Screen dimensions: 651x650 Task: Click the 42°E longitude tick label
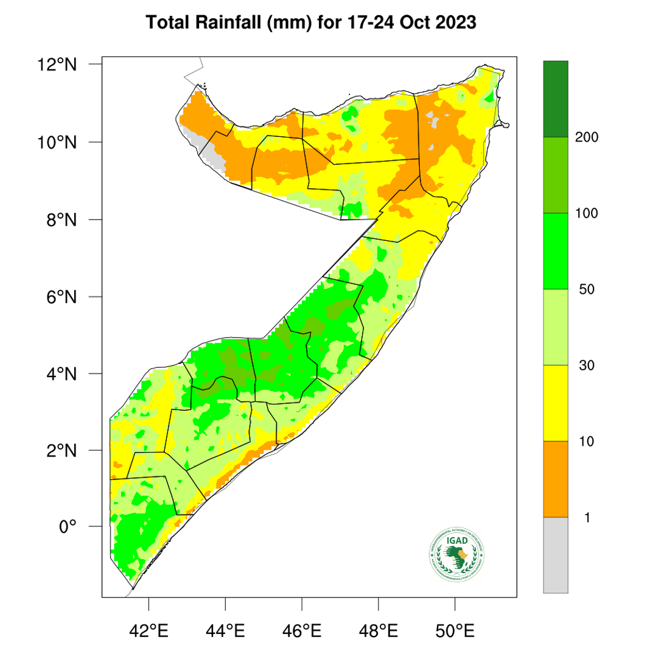coord(149,630)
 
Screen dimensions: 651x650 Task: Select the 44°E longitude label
coord(226,630)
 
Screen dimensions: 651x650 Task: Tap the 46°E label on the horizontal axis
coord(302,630)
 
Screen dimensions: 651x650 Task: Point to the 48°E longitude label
coord(379,630)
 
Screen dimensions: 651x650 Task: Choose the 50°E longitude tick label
coord(455,630)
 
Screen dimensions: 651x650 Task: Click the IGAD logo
coord(457,554)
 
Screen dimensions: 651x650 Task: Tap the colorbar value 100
coord(587,214)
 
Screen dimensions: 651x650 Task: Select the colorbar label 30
coord(587,366)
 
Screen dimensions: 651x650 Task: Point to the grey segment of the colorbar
coord(555,554)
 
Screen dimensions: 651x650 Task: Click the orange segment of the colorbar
coord(555,479)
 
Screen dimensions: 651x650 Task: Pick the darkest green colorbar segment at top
coord(555,99)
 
